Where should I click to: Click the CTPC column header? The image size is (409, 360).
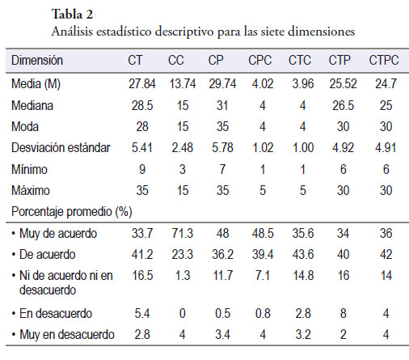tap(384, 60)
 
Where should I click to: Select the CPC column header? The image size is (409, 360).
tap(260, 60)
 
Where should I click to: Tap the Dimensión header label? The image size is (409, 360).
tap(37, 60)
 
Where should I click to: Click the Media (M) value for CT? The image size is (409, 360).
tap(142, 83)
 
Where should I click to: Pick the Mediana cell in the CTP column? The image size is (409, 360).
tap(343, 105)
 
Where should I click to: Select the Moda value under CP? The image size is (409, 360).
tap(222, 126)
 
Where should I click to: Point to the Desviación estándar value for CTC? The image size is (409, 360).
tap(303, 148)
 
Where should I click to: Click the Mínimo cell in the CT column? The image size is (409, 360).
tap(142, 169)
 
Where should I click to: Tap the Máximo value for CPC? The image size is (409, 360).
tap(263, 190)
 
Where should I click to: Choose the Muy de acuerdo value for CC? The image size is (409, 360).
tap(183, 233)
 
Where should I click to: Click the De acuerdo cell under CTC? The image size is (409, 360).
tap(303, 254)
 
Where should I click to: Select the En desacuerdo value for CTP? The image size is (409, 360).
tap(343, 313)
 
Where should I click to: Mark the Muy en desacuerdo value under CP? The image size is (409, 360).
tap(222, 335)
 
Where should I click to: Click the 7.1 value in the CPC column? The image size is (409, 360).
tap(263, 276)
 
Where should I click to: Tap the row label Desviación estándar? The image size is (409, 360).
tap(61, 148)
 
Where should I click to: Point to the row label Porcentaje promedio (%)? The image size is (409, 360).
tap(72, 212)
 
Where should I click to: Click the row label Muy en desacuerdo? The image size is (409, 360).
tap(67, 335)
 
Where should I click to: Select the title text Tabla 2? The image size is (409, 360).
tap(72, 14)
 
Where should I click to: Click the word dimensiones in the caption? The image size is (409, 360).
tap(321, 32)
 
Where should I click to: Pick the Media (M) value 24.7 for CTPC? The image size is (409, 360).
tap(386, 83)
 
